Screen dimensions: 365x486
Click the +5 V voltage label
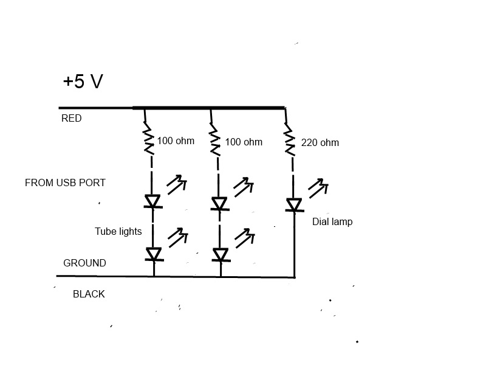83,82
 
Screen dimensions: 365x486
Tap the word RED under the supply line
71,119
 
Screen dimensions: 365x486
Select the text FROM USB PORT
65,182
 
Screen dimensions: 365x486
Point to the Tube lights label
118,231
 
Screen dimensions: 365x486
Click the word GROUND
84,263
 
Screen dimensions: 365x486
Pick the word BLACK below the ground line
89,294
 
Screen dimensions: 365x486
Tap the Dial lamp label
332,222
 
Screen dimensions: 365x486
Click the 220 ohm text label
320,143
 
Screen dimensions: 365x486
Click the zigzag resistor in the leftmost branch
147,139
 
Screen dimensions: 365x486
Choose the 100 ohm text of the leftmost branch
176,141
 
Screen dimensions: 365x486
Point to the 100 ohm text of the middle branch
244,142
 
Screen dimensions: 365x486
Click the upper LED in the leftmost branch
152,201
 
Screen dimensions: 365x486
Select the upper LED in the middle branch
220,204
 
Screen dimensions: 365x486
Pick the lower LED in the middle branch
221,254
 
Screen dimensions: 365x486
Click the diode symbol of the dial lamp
294,206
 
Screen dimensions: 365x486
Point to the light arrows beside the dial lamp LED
317,187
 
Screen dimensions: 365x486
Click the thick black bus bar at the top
208,108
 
